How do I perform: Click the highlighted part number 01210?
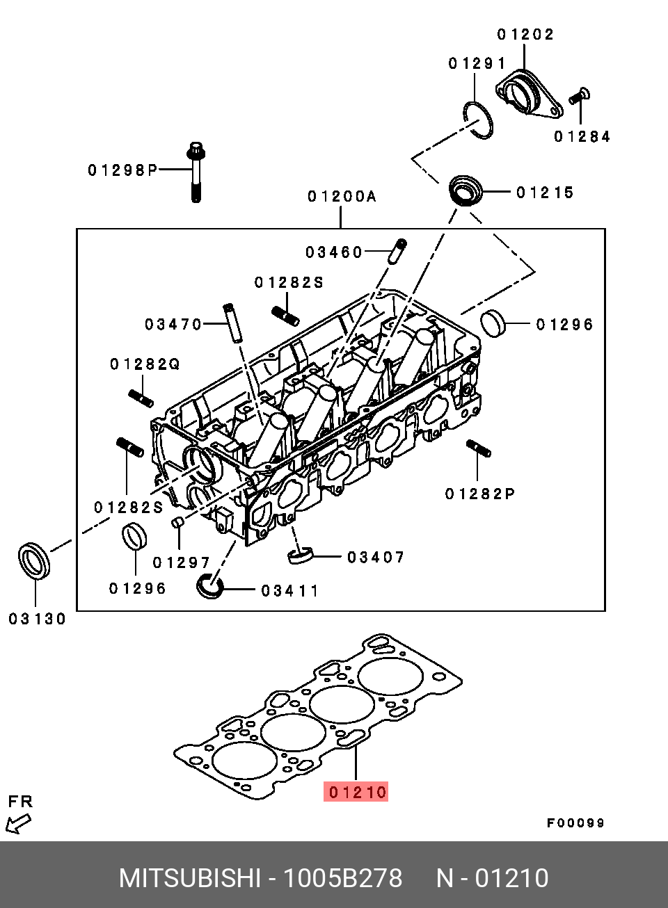[x=356, y=792]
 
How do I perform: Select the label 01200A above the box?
[x=342, y=197]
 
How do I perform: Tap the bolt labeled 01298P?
[x=196, y=172]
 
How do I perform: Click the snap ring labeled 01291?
[x=479, y=120]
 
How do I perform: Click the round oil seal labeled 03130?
[x=34, y=560]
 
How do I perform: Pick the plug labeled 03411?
[x=209, y=585]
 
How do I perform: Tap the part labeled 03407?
[x=301, y=556]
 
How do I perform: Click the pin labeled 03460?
[x=398, y=251]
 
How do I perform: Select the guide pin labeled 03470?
[x=232, y=323]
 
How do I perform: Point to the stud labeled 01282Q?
[x=141, y=398]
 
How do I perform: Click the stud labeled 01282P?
[x=479, y=448]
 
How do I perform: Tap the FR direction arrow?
[x=18, y=825]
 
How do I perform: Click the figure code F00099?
[x=575, y=823]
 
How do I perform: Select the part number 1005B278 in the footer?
[x=342, y=878]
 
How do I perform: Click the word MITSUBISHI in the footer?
[x=189, y=878]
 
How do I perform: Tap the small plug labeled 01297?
[x=177, y=523]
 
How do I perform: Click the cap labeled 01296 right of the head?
[x=493, y=323]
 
